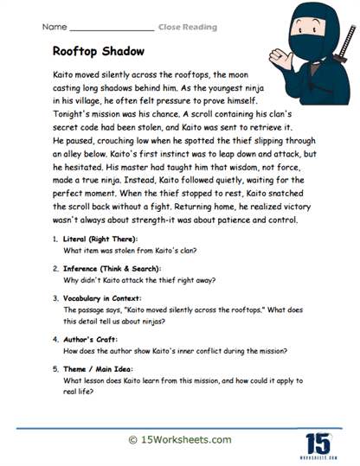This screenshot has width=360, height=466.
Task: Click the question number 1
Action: point(55,238)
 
